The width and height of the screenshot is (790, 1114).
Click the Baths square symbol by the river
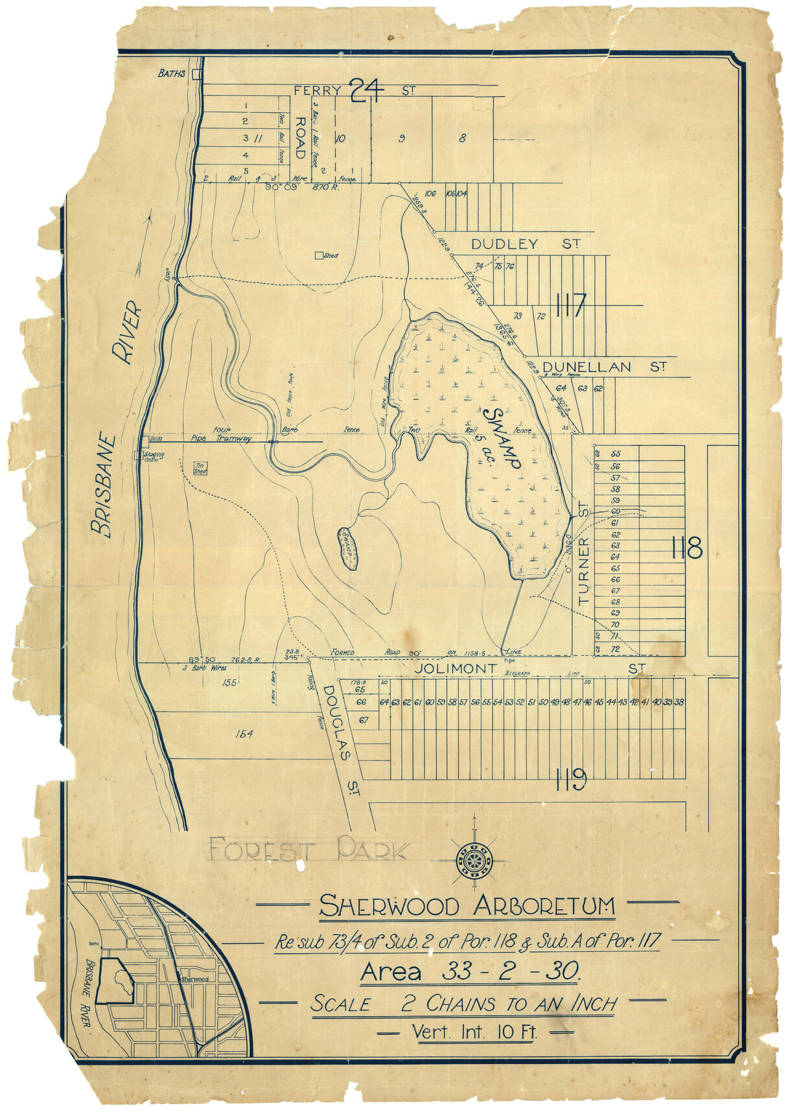pyautogui.click(x=196, y=75)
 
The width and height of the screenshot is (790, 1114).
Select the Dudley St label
pyautogui.click(x=525, y=244)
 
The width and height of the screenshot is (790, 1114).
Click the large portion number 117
pyautogui.click(x=570, y=305)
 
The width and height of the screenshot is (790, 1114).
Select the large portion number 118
pyautogui.click(x=688, y=550)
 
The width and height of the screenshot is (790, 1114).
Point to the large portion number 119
pyautogui.click(x=570, y=778)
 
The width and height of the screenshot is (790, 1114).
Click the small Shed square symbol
pyautogui.click(x=318, y=256)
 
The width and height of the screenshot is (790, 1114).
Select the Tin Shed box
pyautogui.click(x=200, y=468)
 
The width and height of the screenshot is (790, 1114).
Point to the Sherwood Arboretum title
pyautogui.click(x=467, y=906)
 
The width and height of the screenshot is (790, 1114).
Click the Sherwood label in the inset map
pyautogui.click(x=194, y=979)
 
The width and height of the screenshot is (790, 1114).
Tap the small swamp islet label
pyautogui.click(x=349, y=548)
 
